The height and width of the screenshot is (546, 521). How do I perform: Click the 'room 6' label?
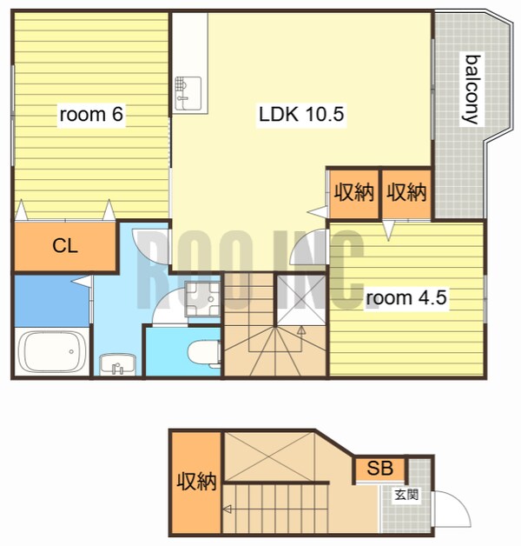click(91, 114)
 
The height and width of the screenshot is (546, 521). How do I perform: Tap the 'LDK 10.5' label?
click(301, 114)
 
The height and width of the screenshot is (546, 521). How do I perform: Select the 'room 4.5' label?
click(406, 297)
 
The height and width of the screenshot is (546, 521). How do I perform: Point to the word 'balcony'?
click(472, 90)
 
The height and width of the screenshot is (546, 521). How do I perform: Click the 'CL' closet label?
click(65, 246)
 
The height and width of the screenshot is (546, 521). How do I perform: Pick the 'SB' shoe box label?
click(379, 469)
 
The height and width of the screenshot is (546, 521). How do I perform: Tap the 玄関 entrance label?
click(406, 495)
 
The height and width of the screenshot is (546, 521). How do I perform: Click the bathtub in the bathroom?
click(52, 351)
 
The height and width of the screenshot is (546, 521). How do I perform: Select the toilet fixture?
click(204, 353)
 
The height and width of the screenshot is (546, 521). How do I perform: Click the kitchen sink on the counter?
click(188, 93)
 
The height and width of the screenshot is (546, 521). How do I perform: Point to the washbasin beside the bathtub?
click(117, 364)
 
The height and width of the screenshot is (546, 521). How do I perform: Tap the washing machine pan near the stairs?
click(202, 298)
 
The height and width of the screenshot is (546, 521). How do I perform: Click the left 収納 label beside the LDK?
click(354, 192)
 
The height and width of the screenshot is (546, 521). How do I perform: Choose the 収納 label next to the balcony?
click(406, 192)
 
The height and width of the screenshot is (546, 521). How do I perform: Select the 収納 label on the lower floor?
click(196, 482)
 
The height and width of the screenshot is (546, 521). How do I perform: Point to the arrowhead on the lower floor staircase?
click(228, 509)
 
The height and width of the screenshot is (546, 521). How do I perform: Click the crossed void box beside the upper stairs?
click(301, 300)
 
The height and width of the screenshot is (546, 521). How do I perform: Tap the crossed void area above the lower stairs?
click(269, 456)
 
